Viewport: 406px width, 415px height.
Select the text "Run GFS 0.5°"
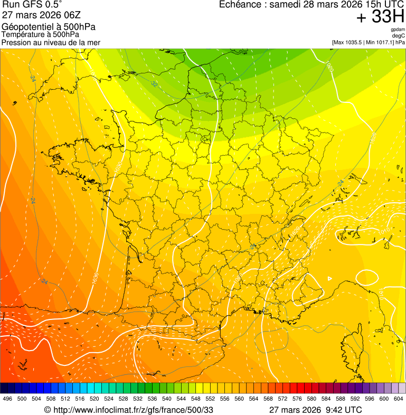pos(32,5)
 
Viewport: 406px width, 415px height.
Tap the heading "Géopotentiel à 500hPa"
pos(49,27)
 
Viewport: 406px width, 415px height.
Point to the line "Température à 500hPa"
pos(40,35)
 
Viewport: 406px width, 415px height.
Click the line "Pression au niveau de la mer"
pos(51,42)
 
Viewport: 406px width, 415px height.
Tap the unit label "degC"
pos(399,35)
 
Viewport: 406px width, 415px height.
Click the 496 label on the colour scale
pos(7,399)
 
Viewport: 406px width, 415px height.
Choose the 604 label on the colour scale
pos(398,399)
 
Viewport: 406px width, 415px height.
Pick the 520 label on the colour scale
pos(95,399)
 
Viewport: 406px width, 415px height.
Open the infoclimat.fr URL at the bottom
pos(134,410)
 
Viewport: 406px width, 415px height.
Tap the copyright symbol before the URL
pos(48,410)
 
